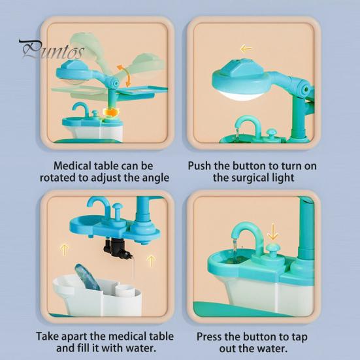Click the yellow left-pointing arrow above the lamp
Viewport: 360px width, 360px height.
tap(246, 48)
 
